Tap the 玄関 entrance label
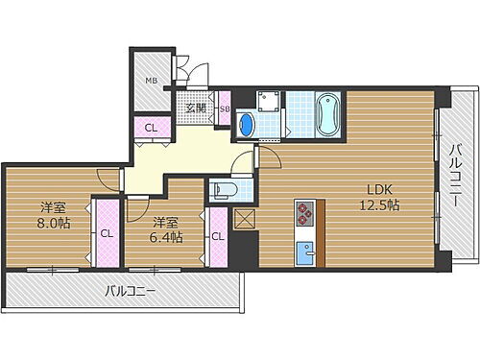click(195, 107)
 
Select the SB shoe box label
click(224, 108)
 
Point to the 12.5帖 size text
click(381, 204)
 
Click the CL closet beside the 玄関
click(152, 128)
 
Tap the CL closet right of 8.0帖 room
click(107, 232)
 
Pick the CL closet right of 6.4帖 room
click(218, 236)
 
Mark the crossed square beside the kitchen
click(244, 218)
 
